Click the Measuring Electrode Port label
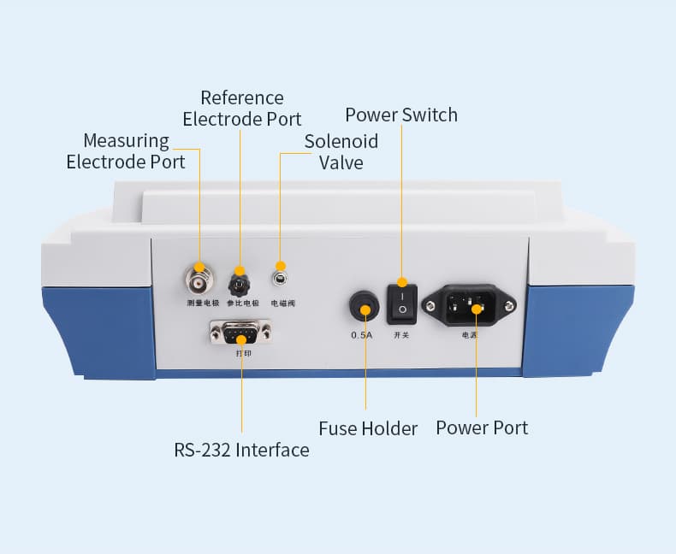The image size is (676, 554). [126, 151]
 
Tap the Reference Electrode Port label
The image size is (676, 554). [242, 108]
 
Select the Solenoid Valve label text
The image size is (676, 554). [341, 151]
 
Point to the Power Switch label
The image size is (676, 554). [401, 115]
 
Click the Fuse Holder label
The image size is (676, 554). [368, 428]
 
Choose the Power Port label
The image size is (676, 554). [482, 427]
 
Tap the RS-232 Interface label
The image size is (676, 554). [241, 450]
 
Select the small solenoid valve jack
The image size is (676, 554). [280, 277]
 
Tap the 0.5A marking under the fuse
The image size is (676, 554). [362, 335]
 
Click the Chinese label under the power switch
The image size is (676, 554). [400, 335]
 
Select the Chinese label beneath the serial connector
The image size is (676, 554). [243, 352]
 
